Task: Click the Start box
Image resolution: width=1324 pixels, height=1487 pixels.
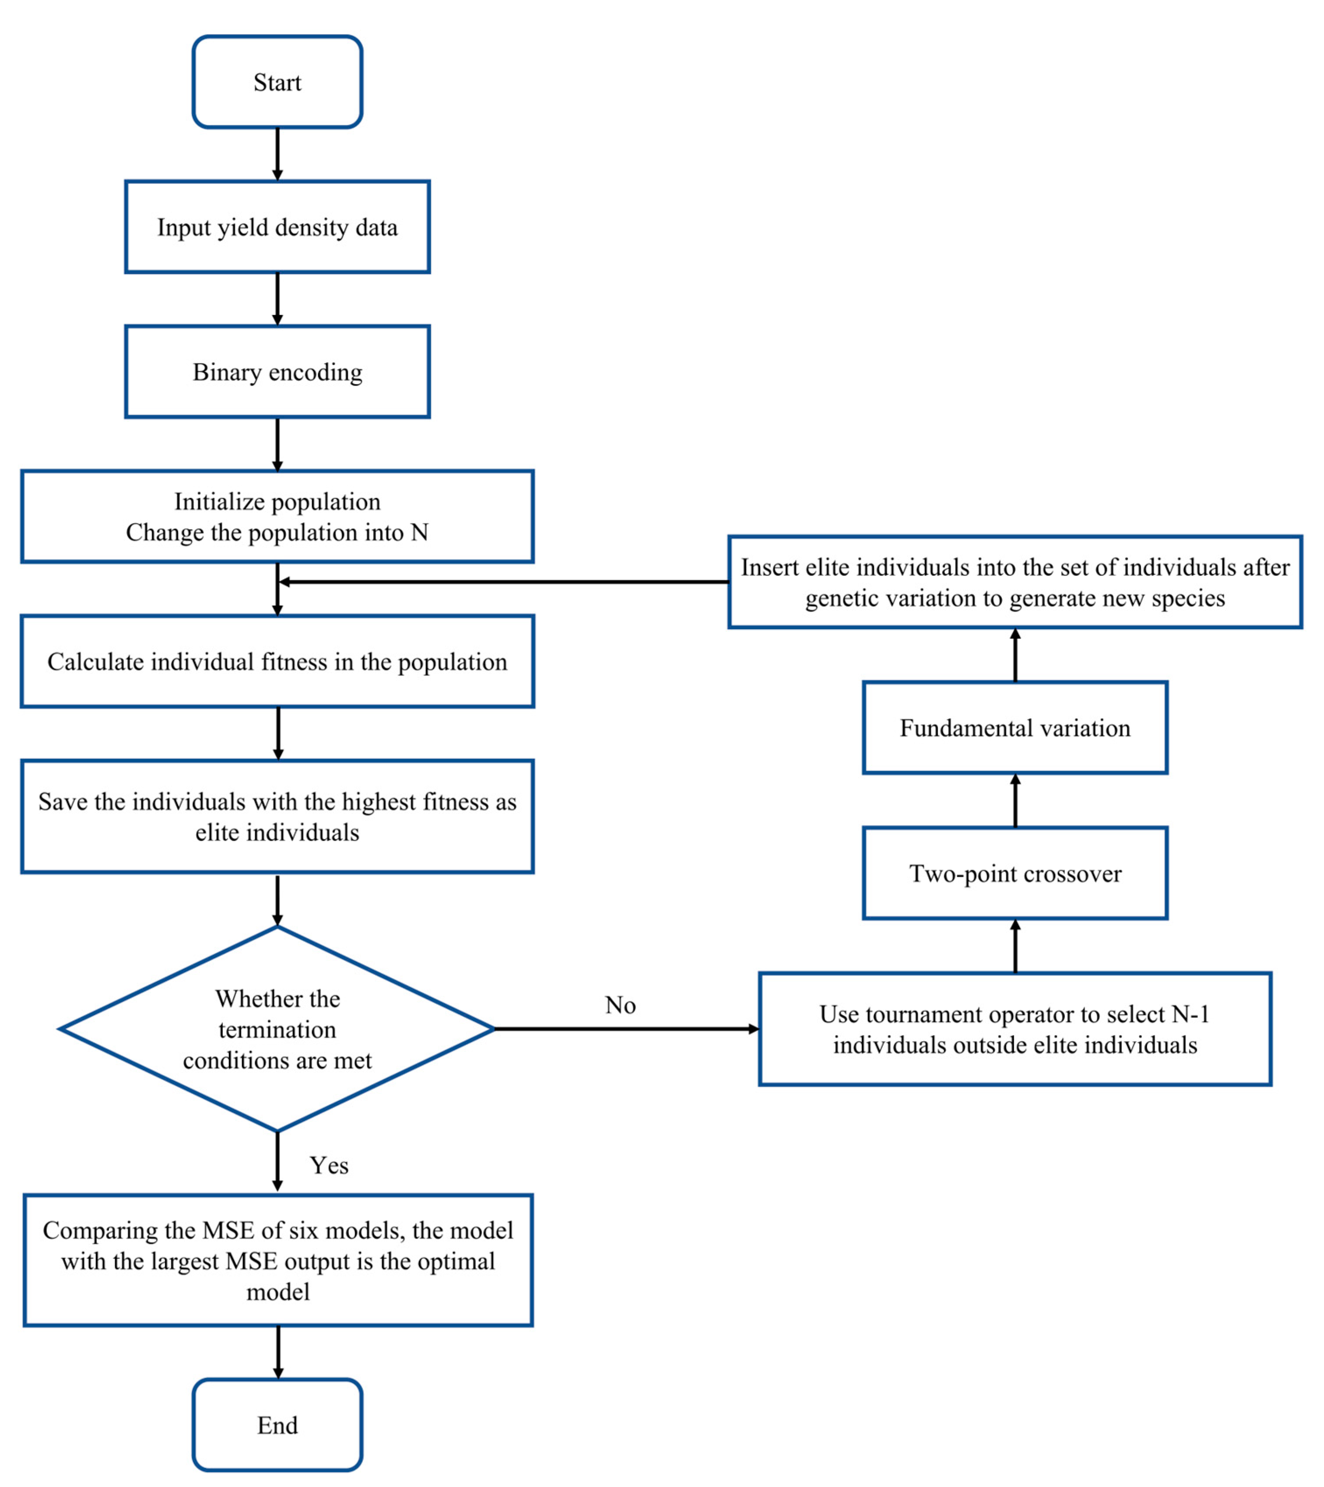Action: point(277,82)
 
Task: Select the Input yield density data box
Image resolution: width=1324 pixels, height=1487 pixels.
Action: point(277,227)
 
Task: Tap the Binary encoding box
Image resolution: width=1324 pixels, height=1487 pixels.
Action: point(277,372)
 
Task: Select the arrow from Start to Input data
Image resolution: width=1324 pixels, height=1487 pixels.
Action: point(277,154)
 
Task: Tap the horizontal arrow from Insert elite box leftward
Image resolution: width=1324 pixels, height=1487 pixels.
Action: point(502,581)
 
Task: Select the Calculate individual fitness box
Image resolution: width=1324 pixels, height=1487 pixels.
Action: point(277,661)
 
